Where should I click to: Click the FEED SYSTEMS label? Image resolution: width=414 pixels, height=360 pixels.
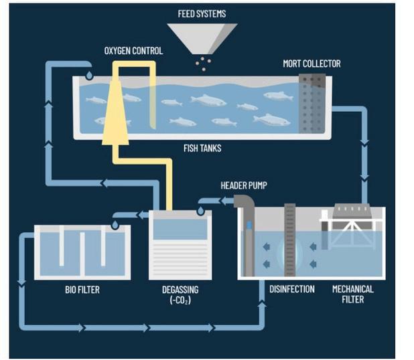[202, 13]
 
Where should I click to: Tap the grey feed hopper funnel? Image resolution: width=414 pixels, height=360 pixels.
[202, 37]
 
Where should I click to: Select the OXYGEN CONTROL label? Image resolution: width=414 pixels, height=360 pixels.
[133, 51]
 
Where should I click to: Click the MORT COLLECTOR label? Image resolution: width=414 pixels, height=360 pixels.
[312, 64]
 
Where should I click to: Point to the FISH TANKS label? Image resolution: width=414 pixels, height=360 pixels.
[202, 149]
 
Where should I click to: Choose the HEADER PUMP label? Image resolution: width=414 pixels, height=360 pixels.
[244, 185]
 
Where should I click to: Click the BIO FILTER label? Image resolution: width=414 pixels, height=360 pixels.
[82, 290]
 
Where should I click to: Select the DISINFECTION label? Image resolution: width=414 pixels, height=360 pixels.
[292, 289]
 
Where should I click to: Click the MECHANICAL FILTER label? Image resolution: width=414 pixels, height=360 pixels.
[353, 294]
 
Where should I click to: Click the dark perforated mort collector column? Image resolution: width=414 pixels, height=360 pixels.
[312, 104]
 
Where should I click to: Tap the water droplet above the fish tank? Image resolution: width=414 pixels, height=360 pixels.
[89, 76]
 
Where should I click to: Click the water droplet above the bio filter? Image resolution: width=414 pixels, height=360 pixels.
[115, 225]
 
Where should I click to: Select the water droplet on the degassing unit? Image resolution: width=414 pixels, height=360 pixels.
[201, 211]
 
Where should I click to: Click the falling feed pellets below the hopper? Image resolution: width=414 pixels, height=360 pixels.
[203, 64]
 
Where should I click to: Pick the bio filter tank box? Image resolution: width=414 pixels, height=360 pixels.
[82, 252]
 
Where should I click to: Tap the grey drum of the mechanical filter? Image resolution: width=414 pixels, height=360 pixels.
[352, 211]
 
